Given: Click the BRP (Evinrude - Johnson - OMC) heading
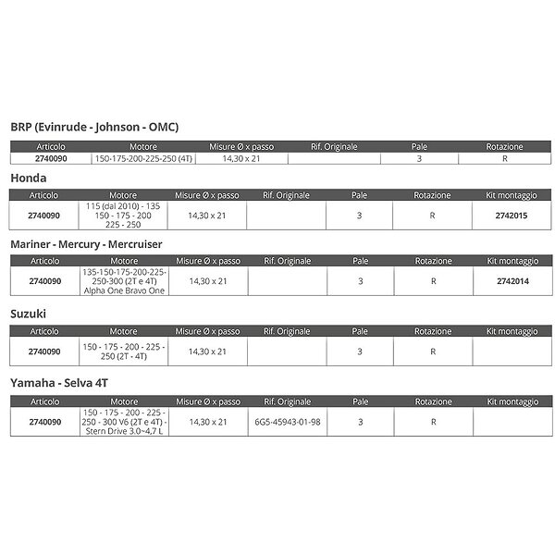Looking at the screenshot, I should (x=93, y=127).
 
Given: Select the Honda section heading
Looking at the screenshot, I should (x=31, y=177).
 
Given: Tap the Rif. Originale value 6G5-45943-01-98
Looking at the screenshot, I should (x=287, y=421).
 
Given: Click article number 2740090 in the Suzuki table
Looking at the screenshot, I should (x=44, y=351).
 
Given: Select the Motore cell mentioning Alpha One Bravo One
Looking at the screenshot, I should (x=123, y=281).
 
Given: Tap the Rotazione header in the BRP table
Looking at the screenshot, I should (x=504, y=146).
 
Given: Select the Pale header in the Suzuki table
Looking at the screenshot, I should (x=360, y=331).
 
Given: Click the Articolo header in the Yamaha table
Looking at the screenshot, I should (x=44, y=401).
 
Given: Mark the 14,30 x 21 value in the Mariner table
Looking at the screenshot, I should (x=207, y=281).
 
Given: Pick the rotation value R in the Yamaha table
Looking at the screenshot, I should (x=433, y=421).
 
